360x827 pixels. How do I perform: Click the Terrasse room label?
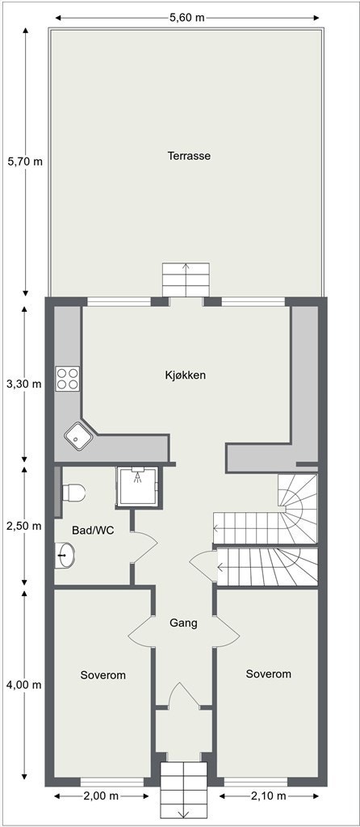pyautogui.click(x=189, y=156)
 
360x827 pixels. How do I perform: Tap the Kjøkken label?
pyautogui.click(x=186, y=376)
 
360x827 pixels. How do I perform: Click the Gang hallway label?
pyautogui.click(x=183, y=623)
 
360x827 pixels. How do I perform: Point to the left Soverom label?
pyautogui.click(x=103, y=674)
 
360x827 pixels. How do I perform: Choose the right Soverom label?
pyautogui.click(x=268, y=674)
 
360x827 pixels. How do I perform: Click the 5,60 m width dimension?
pyautogui.click(x=186, y=18)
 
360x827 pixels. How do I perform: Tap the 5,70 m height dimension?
pyautogui.click(x=24, y=162)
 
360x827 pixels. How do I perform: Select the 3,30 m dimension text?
pyautogui.click(x=23, y=384)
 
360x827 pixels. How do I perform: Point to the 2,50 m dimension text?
pyautogui.click(x=23, y=526)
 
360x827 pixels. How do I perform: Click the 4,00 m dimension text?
pyautogui.click(x=23, y=685)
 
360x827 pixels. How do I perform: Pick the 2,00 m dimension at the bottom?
pyautogui.click(x=101, y=796)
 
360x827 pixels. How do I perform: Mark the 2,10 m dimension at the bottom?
pyautogui.click(x=268, y=796)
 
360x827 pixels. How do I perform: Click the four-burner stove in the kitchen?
pyautogui.click(x=67, y=379)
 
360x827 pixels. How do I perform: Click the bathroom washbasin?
pyautogui.click(x=65, y=555)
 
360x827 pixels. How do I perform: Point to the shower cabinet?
pyautogui.click(x=138, y=486)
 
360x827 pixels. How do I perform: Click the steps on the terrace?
pyautogui.click(x=186, y=279)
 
